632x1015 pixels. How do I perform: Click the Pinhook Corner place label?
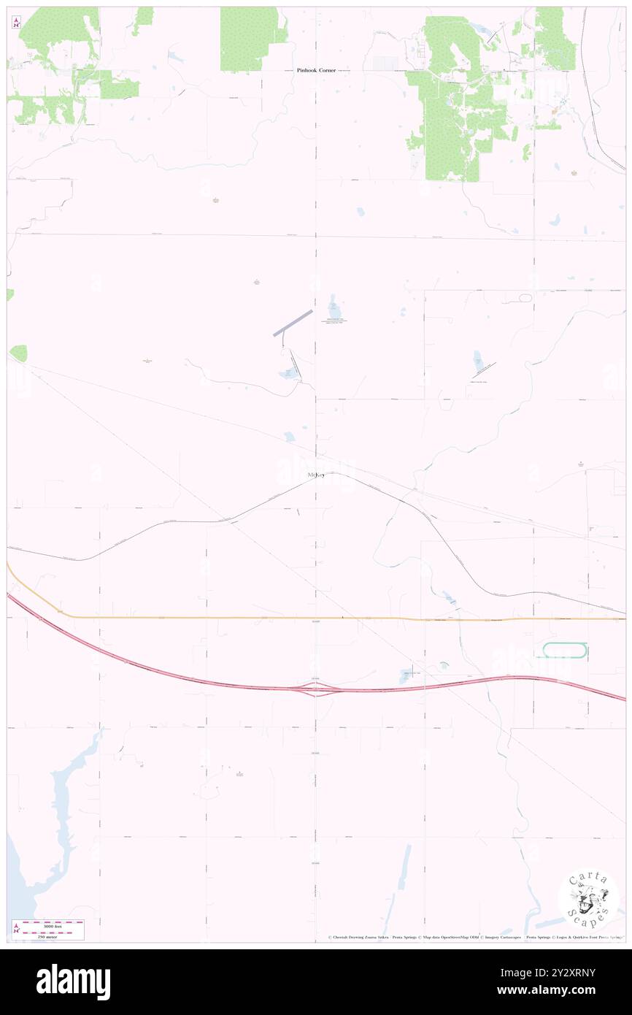click(315, 70)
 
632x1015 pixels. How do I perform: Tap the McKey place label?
click(316, 475)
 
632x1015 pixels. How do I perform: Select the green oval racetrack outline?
click(565, 650)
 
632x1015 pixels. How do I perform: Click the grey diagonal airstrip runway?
click(293, 323)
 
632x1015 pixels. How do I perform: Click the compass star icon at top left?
click(16, 23)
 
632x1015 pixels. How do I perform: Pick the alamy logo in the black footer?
click(73, 981)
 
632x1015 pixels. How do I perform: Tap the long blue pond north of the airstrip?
click(334, 307)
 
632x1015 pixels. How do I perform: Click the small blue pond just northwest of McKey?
click(290, 437)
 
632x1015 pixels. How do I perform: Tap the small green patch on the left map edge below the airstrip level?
click(19, 353)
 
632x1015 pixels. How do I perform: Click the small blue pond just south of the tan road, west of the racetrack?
click(405, 676)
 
